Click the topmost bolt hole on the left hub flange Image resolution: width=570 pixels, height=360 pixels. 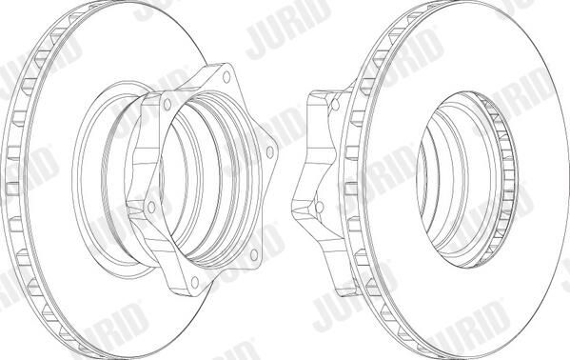coord(226,77)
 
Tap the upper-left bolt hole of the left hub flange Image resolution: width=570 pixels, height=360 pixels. coord(167,105)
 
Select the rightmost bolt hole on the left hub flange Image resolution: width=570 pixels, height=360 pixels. coord(269,151)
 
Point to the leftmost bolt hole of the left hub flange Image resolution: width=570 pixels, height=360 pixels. coord(151,208)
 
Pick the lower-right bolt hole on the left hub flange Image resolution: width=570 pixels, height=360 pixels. coord(254,254)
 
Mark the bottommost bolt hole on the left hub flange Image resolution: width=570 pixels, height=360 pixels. coord(195,283)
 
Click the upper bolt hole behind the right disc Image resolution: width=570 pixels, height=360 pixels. coord(335,105)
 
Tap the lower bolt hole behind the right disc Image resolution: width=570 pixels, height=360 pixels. coord(319,207)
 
